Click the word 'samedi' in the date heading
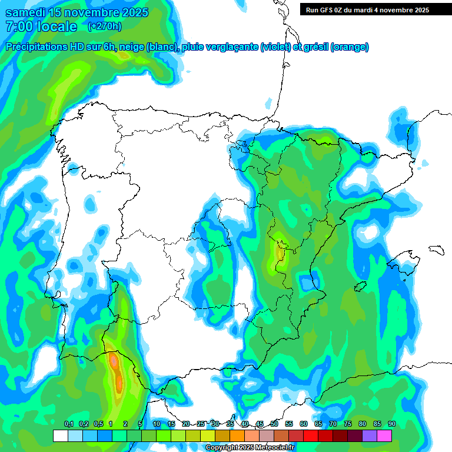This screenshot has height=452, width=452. click(x=27, y=12)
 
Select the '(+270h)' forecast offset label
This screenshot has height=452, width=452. click(x=104, y=26)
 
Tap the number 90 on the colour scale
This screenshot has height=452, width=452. click(x=392, y=424)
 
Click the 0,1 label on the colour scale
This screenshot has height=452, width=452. click(x=68, y=424)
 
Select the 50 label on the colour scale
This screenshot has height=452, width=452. click(x=274, y=424)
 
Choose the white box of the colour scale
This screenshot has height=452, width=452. click(x=61, y=436)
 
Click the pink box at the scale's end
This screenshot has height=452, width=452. click(x=384, y=436)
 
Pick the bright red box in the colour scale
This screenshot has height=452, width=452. click(x=311, y=436)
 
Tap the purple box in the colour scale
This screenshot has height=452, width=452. click(x=370, y=436)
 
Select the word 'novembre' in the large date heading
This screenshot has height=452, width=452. click(x=82, y=12)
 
